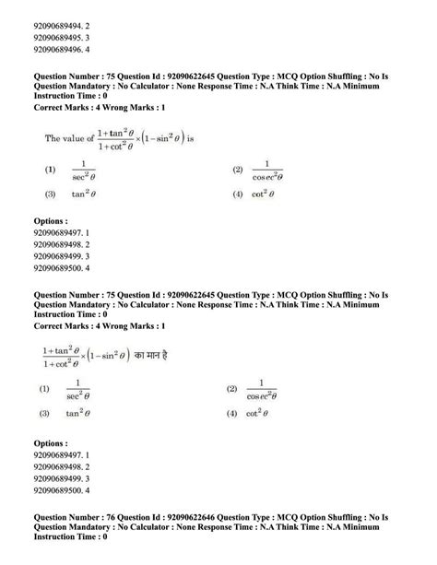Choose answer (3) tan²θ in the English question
pos(74,194)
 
